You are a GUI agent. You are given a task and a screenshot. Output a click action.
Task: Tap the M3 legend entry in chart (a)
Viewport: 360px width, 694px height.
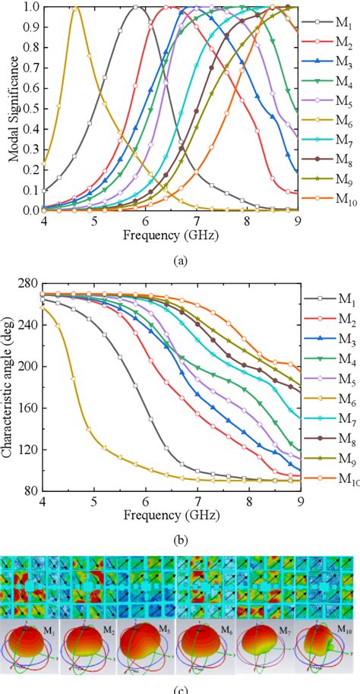(334, 62)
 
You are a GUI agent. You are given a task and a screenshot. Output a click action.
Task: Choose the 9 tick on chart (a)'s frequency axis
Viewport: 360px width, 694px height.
(298, 222)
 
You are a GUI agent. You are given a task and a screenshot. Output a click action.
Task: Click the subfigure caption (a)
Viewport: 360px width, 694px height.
(179, 260)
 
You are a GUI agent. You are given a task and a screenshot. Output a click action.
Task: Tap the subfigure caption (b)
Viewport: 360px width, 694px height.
(179, 541)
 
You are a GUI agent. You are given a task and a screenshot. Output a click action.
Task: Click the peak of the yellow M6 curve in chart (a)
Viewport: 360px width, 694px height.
(75, 7)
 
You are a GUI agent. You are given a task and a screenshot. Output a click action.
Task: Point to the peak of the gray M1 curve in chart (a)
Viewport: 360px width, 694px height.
(135, 7)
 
